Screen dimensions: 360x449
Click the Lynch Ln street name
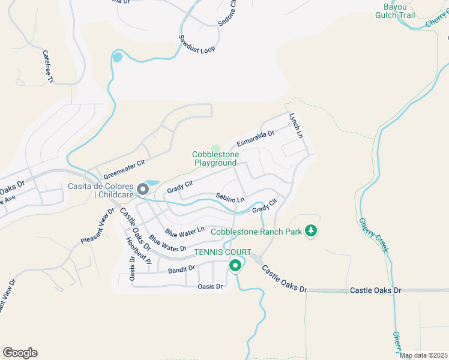[x=295, y=126]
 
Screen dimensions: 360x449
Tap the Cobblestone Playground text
[x=215, y=158]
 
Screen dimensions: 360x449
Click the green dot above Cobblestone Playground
[x=215, y=148]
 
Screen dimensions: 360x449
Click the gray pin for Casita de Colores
[x=143, y=190]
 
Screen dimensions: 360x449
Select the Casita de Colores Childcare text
[x=101, y=190]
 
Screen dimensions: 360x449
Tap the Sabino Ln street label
[x=231, y=197]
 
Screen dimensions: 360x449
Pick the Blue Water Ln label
[x=185, y=230]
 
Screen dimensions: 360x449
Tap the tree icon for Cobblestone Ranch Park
[x=311, y=231]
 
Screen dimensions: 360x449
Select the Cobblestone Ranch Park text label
[x=255, y=232]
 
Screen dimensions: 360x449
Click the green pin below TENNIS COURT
[x=235, y=265]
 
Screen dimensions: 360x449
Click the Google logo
[x=20, y=353]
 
